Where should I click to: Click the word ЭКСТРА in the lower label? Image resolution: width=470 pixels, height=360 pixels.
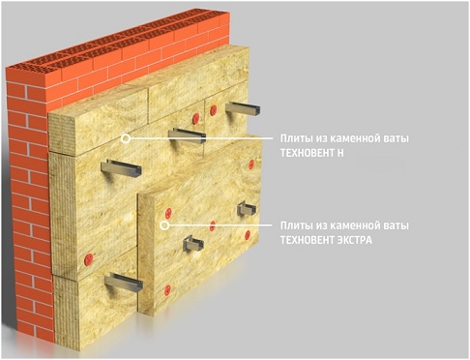pyautogui.click(x=354, y=240)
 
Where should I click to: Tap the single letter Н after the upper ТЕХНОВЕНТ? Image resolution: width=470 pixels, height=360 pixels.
pyautogui.click(x=340, y=153)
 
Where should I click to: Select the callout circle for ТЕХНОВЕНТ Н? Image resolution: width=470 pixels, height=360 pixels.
pyautogui.click(x=126, y=138)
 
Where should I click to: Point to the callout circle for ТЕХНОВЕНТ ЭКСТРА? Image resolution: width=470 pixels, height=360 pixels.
pyautogui.click(x=164, y=225)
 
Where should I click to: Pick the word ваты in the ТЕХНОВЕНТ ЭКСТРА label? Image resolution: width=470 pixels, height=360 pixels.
pyautogui.click(x=397, y=225)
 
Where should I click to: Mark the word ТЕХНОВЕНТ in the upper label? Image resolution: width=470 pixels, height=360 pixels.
pyautogui.click(x=307, y=153)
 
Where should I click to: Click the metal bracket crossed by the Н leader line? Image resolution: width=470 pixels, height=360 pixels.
pyautogui.click(x=188, y=135)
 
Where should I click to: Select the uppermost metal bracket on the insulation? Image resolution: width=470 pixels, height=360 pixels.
pyautogui.click(x=244, y=108)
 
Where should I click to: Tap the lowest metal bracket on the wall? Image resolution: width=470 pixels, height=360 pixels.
pyautogui.click(x=124, y=282)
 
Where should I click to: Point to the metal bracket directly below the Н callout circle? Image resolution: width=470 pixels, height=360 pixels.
pyautogui.click(x=121, y=168)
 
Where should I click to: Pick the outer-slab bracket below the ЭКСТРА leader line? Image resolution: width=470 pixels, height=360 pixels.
pyautogui.click(x=192, y=244)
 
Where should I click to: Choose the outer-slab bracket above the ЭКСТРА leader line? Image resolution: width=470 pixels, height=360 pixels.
pyautogui.click(x=247, y=209)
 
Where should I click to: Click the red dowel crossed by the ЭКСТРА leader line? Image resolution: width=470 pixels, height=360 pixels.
pyautogui.click(x=212, y=225)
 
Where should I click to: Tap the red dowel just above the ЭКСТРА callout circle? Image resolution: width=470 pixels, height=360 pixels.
pyautogui.click(x=168, y=213)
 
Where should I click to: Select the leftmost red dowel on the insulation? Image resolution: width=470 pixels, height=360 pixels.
pyautogui.click(x=88, y=258)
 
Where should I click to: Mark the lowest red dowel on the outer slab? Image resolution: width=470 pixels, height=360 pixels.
pyautogui.click(x=167, y=290)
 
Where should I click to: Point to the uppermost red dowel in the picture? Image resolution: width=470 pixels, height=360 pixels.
pyautogui.click(x=213, y=110)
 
